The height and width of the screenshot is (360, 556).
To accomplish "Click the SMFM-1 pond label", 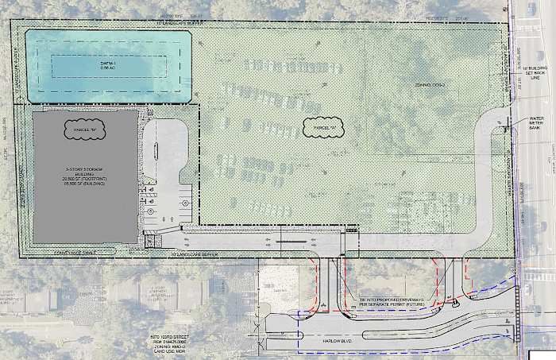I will [108, 66].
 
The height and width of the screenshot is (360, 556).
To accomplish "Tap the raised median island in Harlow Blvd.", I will [421, 317].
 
